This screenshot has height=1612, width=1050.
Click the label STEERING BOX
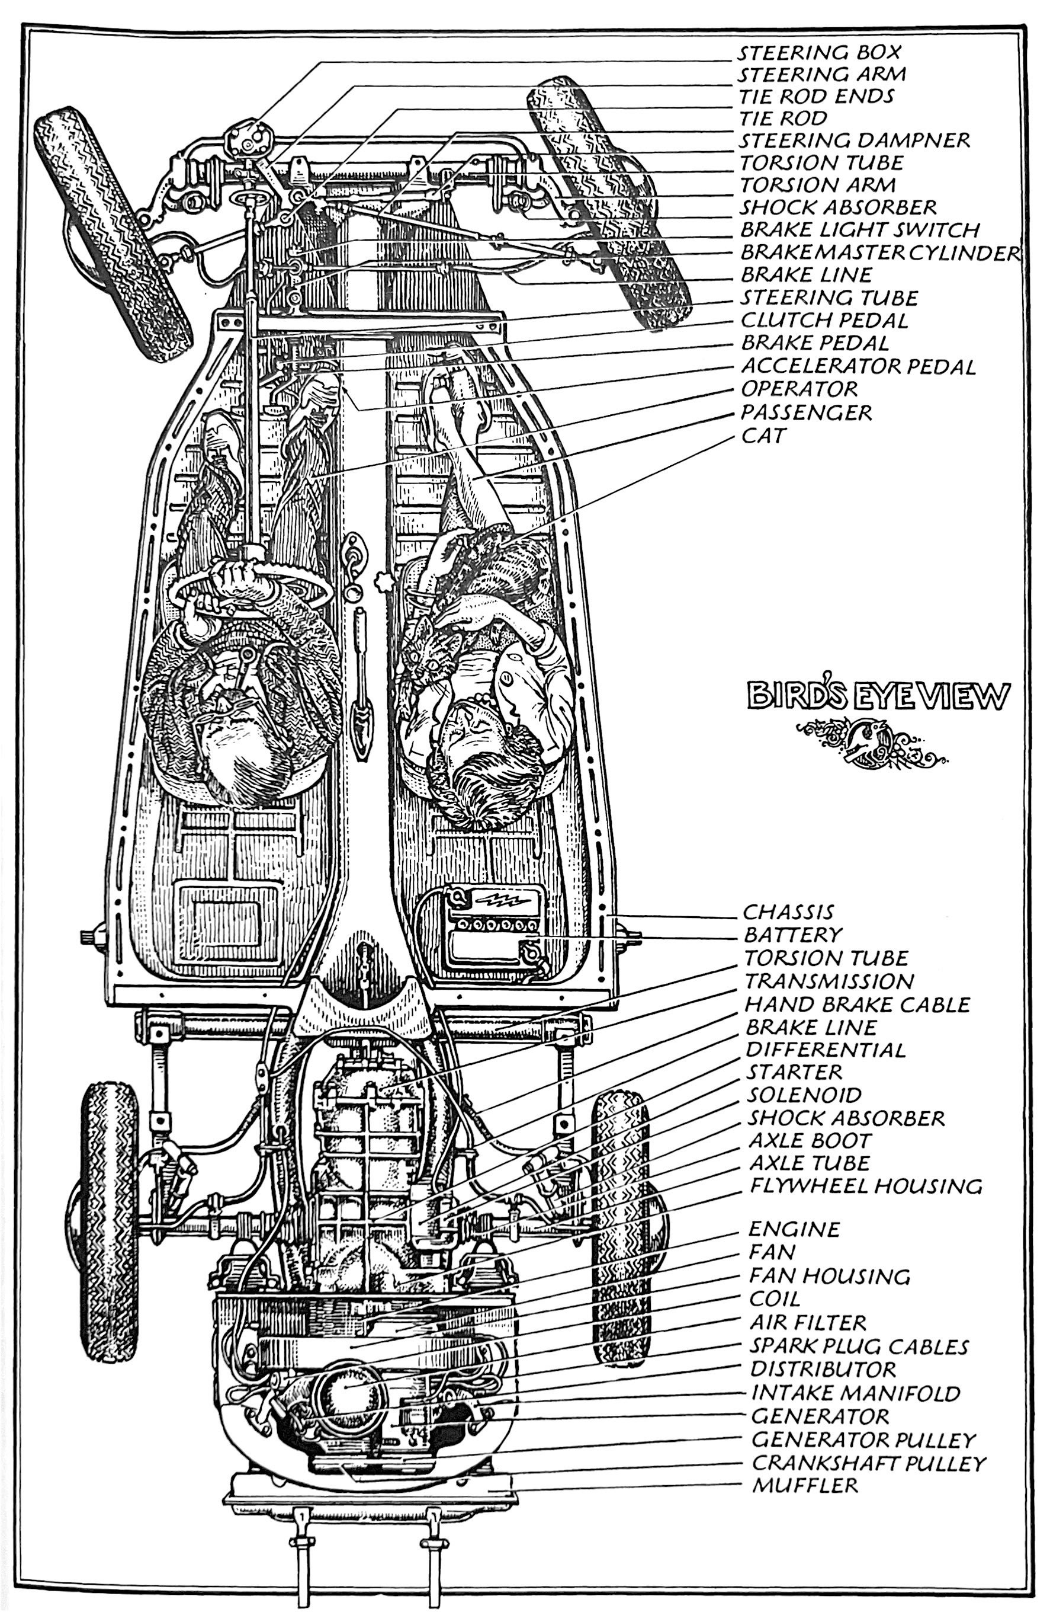(819, 52)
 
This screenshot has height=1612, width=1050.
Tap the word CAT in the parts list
(763, 435)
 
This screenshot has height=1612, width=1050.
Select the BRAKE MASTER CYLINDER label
(880, 252)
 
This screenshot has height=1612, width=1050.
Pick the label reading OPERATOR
(799, 389)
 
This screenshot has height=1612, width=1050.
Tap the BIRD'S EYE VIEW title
(878, 696)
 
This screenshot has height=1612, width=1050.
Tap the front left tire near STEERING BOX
(112, 234)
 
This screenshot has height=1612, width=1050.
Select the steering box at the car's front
(248, 138)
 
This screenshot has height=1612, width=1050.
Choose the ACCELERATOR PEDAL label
(858, 366)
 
